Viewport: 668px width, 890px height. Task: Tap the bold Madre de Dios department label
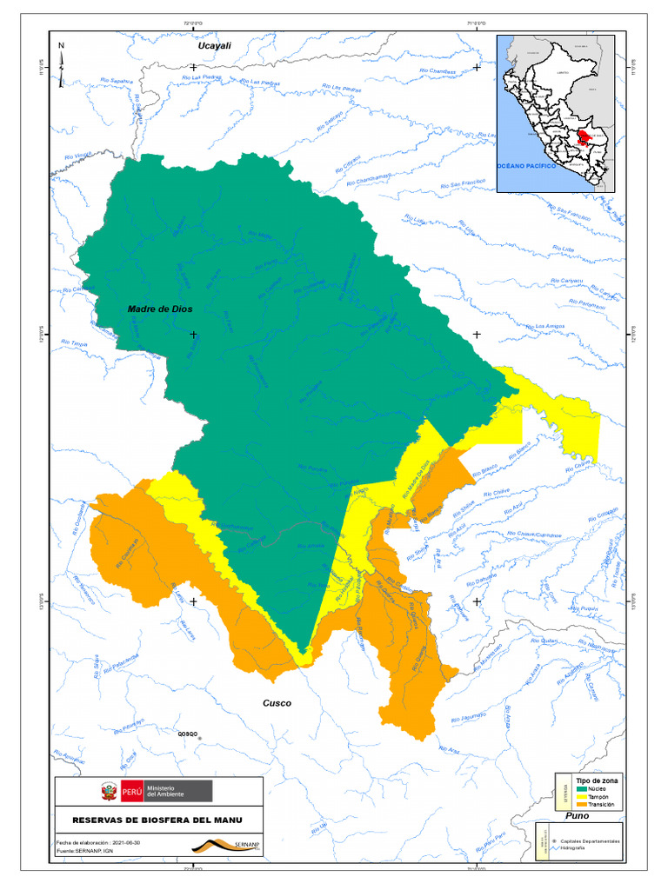(x=160, y=309)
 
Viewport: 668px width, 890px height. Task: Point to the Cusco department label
(x=277, y=703)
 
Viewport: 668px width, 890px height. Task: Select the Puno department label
(x=577, y=816)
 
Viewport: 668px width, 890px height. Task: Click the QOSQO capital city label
(x=190, y=733)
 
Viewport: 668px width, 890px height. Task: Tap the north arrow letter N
(x=61, y=45)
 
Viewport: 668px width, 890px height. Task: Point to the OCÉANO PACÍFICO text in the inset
(x=525, y=164)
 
